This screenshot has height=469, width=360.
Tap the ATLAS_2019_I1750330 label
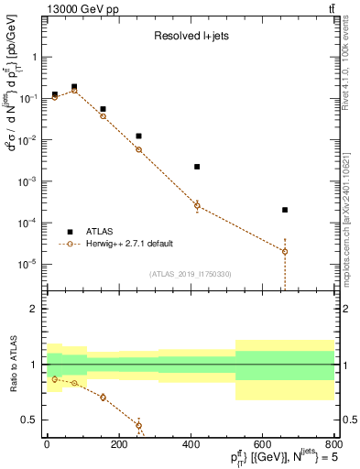click(190, 273)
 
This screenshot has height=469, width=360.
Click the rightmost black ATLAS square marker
click(285, 210)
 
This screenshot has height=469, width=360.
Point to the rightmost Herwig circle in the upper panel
click(285, 251)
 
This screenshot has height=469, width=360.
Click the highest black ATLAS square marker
click(74, 87)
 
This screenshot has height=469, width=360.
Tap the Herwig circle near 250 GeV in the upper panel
click(138, 149)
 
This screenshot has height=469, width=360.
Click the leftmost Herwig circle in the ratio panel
click(55, 379)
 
